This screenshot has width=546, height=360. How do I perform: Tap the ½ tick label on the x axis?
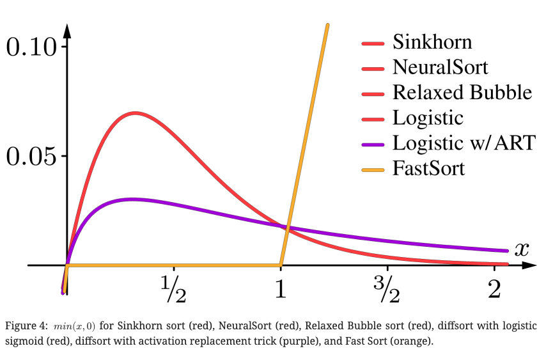(x=173, y=290)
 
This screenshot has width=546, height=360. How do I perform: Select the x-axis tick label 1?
(x=280, y=290)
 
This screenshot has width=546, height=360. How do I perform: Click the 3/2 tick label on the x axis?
(x=387, y=290)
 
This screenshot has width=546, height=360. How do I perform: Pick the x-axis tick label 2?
(x=493, y=290)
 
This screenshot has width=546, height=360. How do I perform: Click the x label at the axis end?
(x=522, y=249)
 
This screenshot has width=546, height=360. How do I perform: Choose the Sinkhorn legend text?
(x=432, y=42)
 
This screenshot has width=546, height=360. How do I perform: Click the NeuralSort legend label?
(x=441, y=67)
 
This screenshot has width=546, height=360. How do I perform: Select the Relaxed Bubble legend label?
(x=462, y=93)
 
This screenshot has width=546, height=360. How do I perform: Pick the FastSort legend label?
(x=428, y=169)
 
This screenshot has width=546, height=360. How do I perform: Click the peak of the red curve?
(x=135, y=113)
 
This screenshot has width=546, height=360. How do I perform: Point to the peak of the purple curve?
(x=131, y=199)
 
